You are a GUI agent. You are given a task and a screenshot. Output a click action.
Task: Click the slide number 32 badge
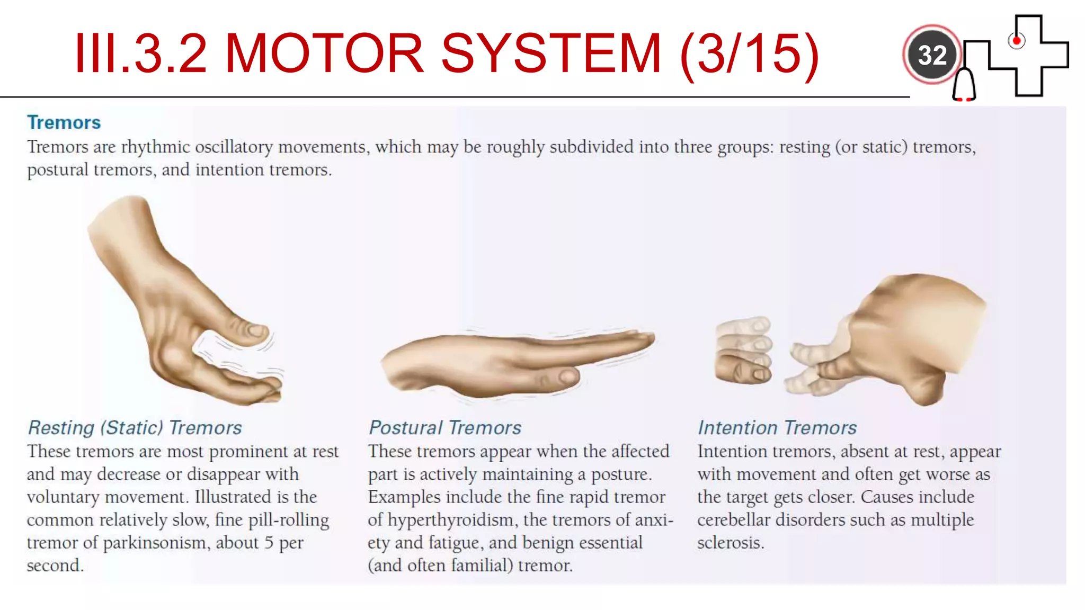931,55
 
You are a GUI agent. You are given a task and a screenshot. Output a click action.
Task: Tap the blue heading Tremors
64,122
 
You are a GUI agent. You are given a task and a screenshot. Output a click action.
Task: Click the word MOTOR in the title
324,53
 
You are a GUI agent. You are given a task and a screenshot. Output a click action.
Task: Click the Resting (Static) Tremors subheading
135,427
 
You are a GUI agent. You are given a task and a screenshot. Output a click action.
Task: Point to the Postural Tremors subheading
444,427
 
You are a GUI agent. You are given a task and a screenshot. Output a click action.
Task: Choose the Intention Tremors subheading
777,427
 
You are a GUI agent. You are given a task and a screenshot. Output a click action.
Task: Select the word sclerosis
731,543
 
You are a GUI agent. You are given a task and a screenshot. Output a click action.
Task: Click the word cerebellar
733,520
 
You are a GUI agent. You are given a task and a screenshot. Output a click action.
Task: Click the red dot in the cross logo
1016,40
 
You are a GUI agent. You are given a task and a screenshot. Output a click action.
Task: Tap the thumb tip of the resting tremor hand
257,331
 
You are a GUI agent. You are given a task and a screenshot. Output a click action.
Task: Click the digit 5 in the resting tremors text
269,543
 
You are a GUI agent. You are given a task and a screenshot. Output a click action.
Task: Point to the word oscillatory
234,147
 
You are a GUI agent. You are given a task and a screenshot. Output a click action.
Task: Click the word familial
482,566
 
